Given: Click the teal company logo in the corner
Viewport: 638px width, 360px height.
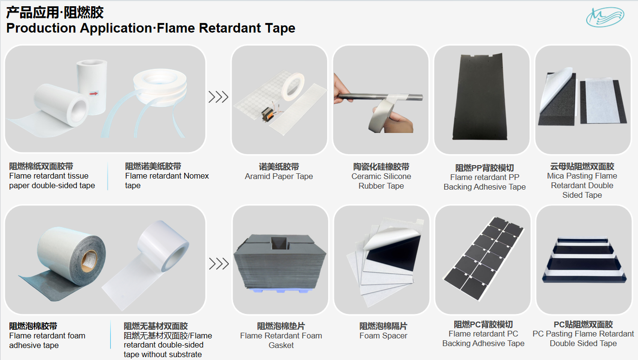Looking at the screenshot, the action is coord(605,17).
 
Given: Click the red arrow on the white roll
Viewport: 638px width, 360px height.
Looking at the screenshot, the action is coord(94,94).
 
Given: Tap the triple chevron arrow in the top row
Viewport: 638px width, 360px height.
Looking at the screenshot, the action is coord(218,97).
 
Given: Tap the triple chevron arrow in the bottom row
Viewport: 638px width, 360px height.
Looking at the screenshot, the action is coord(219,264).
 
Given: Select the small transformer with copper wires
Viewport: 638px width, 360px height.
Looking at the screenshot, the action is coord(269,115).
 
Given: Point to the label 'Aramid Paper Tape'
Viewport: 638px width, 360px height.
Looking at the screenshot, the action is coord(279,177).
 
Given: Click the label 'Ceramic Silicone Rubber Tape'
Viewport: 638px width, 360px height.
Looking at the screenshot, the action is coord(381,181).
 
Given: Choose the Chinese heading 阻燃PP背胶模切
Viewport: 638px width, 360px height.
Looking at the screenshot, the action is coord(484,168).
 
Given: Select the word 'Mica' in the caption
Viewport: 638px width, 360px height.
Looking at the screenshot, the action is coord(555,176).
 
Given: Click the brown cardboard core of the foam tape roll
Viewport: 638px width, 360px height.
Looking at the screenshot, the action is coord(89,261).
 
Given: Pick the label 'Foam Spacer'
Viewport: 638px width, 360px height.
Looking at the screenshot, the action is coord(383,336).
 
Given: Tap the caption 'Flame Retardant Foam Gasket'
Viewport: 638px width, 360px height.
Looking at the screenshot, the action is coord(281,340).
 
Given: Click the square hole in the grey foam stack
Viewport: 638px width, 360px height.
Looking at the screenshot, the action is coord(280,242).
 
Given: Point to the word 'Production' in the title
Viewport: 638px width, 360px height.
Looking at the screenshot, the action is coord(41,28).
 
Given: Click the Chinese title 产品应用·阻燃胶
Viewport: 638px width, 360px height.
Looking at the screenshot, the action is coord(55,12).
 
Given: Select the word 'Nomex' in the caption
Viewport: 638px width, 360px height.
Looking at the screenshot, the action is coord(196,176).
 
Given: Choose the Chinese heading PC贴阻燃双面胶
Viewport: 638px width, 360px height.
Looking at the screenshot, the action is coord(583,324).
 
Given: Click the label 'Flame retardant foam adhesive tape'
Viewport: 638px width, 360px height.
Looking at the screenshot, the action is coord(47,340).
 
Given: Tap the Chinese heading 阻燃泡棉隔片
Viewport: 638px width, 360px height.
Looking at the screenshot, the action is coord(383,326).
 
